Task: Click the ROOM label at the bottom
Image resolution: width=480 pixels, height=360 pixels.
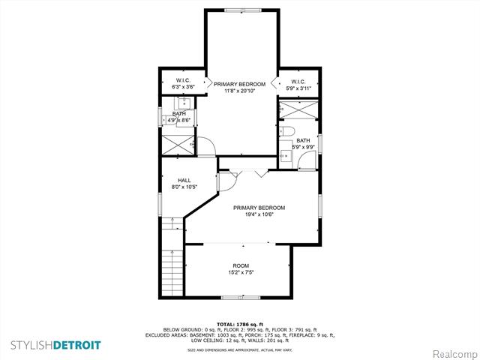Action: [x=241, y=265]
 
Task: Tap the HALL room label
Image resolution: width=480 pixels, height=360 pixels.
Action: [x=184, y=180]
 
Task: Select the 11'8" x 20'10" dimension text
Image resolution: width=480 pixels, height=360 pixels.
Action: [x=240, y=91]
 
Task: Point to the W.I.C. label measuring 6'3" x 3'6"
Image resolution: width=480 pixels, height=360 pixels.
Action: [x=184, y=81]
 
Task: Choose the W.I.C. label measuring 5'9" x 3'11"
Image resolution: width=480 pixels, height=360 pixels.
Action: [x=298, y=82]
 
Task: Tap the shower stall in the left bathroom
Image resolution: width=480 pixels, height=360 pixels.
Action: [x=176, y=142]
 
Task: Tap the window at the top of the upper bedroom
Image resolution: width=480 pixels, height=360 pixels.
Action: [x=240, y=9]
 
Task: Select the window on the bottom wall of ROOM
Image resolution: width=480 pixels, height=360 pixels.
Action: [x=240, y=298]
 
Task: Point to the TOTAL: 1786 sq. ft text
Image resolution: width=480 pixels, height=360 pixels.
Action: [x=240, y=324]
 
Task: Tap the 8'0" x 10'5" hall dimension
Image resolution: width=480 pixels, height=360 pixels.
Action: [x=184, y=187]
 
